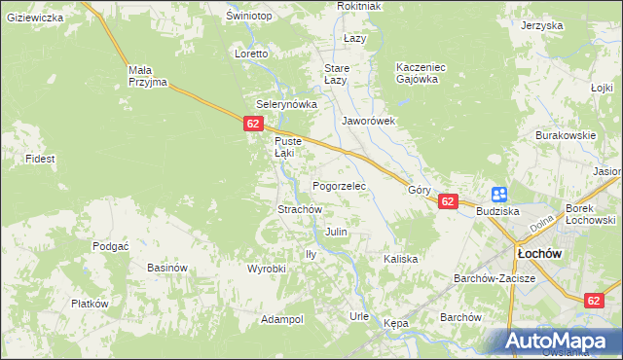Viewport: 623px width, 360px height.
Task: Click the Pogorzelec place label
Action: coord(339,185)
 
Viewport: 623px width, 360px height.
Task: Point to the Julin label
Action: coord(337,233)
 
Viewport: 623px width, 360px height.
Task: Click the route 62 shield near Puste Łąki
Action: coord(253,124)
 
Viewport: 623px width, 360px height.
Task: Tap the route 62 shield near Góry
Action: coord(447,201)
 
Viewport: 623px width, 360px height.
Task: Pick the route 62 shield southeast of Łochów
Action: coord(595,301)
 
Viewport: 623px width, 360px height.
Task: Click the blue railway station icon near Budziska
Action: coord(499,195)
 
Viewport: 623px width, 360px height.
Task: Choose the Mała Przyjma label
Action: coord(149,76)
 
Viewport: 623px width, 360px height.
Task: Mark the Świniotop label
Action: coord(248,17)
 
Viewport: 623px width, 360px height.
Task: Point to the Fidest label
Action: coord(40,158)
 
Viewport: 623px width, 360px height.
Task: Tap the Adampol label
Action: coord(282,319)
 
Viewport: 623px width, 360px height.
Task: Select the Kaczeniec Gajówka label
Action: coord(421,73)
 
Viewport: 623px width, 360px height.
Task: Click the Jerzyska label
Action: coord(542,25)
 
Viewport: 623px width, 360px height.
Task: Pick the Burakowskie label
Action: coord(565,136)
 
